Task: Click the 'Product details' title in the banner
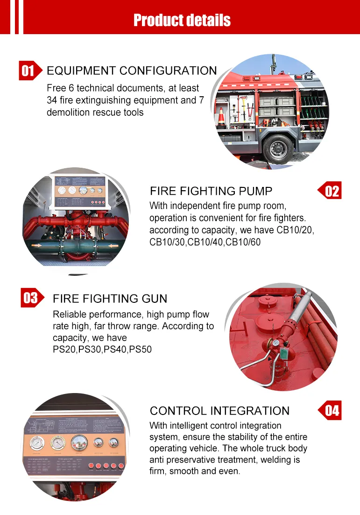pos(182,20)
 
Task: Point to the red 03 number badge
pos(30,298)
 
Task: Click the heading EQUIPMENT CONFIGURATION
pos(132,71)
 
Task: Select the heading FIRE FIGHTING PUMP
pos(211,191)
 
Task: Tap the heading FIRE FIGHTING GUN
pos(110,299)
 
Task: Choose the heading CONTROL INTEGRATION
pos(219,411)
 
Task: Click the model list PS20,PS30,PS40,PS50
pos(102,349)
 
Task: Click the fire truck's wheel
pos(278,149)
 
